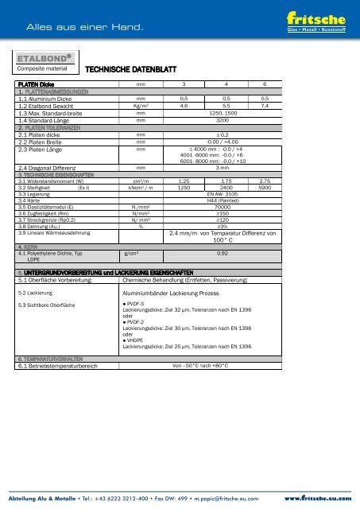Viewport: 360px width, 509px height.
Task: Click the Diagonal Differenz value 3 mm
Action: tap(228, 168)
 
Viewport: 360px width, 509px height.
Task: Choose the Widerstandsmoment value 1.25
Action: tap(184, 181)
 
